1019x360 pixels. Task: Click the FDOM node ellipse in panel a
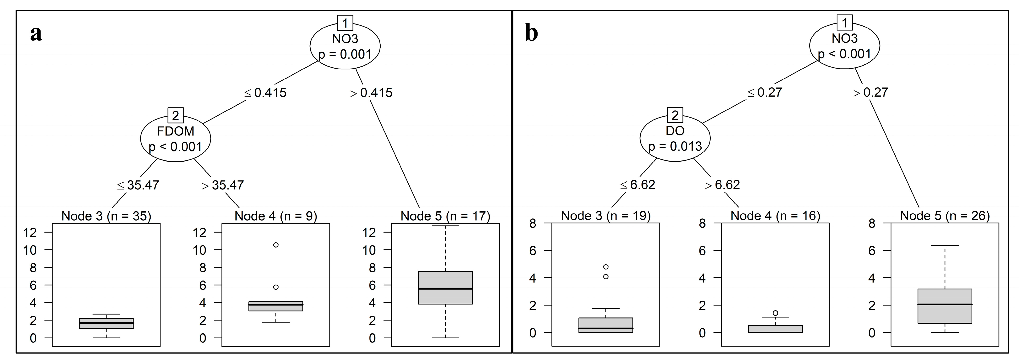pos(176,138)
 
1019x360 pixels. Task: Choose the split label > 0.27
pos(871,92)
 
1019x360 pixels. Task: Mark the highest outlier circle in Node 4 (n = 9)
pos(276,245)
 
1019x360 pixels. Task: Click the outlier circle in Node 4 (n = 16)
pos(775,313)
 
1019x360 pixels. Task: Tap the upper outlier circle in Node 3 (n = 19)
pos(606,267)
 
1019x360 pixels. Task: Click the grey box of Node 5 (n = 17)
pos(445,288)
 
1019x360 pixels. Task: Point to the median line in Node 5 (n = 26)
pos(945,304)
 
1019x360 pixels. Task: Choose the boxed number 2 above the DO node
pos(675,115)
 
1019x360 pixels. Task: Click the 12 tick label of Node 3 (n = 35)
pos(30,232)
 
